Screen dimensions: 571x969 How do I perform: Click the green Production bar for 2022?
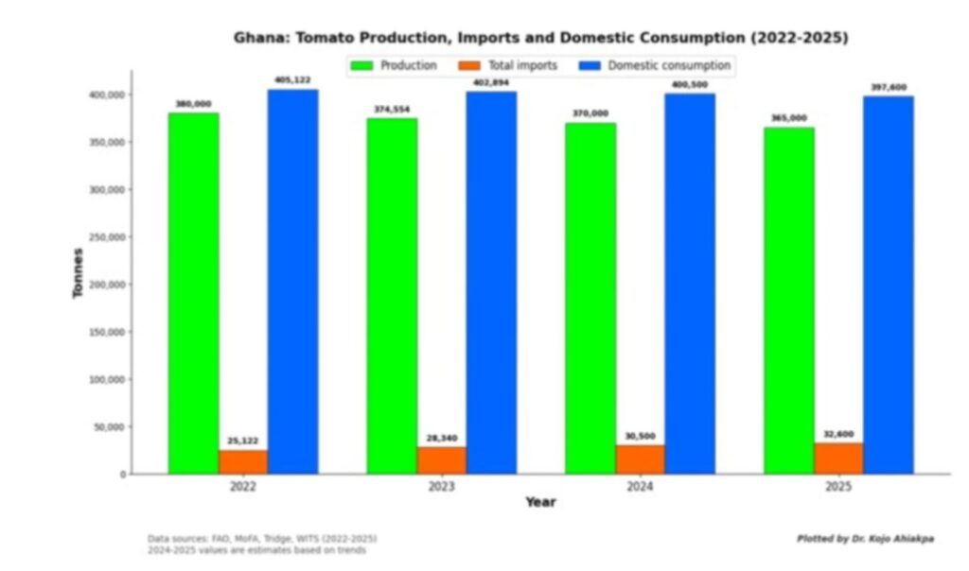193,293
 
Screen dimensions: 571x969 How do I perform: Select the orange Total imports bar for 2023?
441,459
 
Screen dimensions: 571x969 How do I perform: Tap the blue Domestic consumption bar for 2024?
690,284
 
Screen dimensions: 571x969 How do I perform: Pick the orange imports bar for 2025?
837,458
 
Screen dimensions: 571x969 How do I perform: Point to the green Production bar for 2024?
590,298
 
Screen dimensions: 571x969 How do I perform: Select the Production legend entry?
394,66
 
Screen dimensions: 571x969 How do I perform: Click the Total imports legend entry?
507,66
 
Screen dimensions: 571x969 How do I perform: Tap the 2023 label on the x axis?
441,488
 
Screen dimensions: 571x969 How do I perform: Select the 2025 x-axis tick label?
837,488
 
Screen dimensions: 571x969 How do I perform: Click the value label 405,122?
292,80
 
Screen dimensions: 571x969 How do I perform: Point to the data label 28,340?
441,439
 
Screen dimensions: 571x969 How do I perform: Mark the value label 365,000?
788,118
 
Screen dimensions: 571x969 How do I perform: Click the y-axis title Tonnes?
79,272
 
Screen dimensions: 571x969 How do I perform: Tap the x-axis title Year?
540,503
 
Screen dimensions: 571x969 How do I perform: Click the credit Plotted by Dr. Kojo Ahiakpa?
865,539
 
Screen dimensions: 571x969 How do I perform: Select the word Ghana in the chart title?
256,39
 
